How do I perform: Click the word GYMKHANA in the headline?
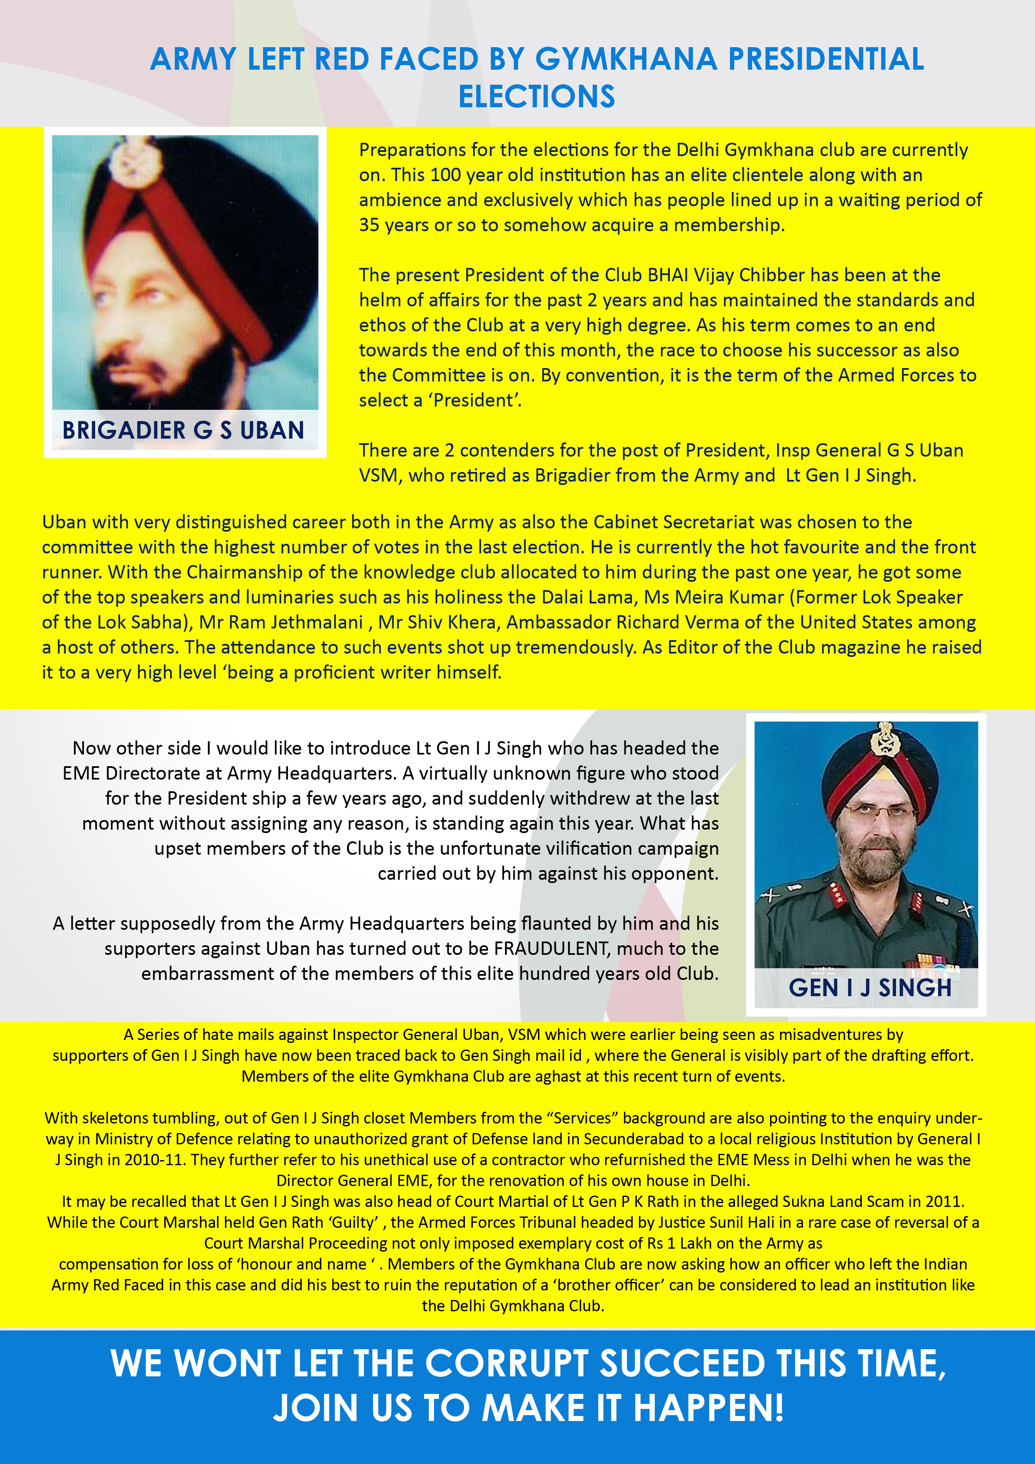(x=626, y=59)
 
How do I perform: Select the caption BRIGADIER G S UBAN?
(x=183, y=430)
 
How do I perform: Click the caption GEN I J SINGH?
(x=870, y=988)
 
